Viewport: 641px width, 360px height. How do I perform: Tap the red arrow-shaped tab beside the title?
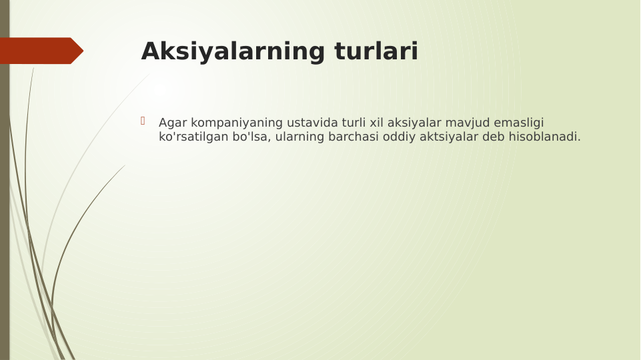point(40,51)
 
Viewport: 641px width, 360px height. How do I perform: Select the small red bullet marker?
point(143,121)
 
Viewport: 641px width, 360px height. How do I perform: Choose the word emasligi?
point(519,123)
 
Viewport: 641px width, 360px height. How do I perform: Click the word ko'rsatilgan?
point(193,137)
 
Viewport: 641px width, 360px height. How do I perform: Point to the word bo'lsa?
point(251,137)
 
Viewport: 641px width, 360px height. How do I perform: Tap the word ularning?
point(299,137)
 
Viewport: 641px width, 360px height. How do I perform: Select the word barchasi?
point(354,137)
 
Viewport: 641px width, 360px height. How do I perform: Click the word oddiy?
point(399,137)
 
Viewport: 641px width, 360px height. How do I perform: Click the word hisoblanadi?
point(544,137)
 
